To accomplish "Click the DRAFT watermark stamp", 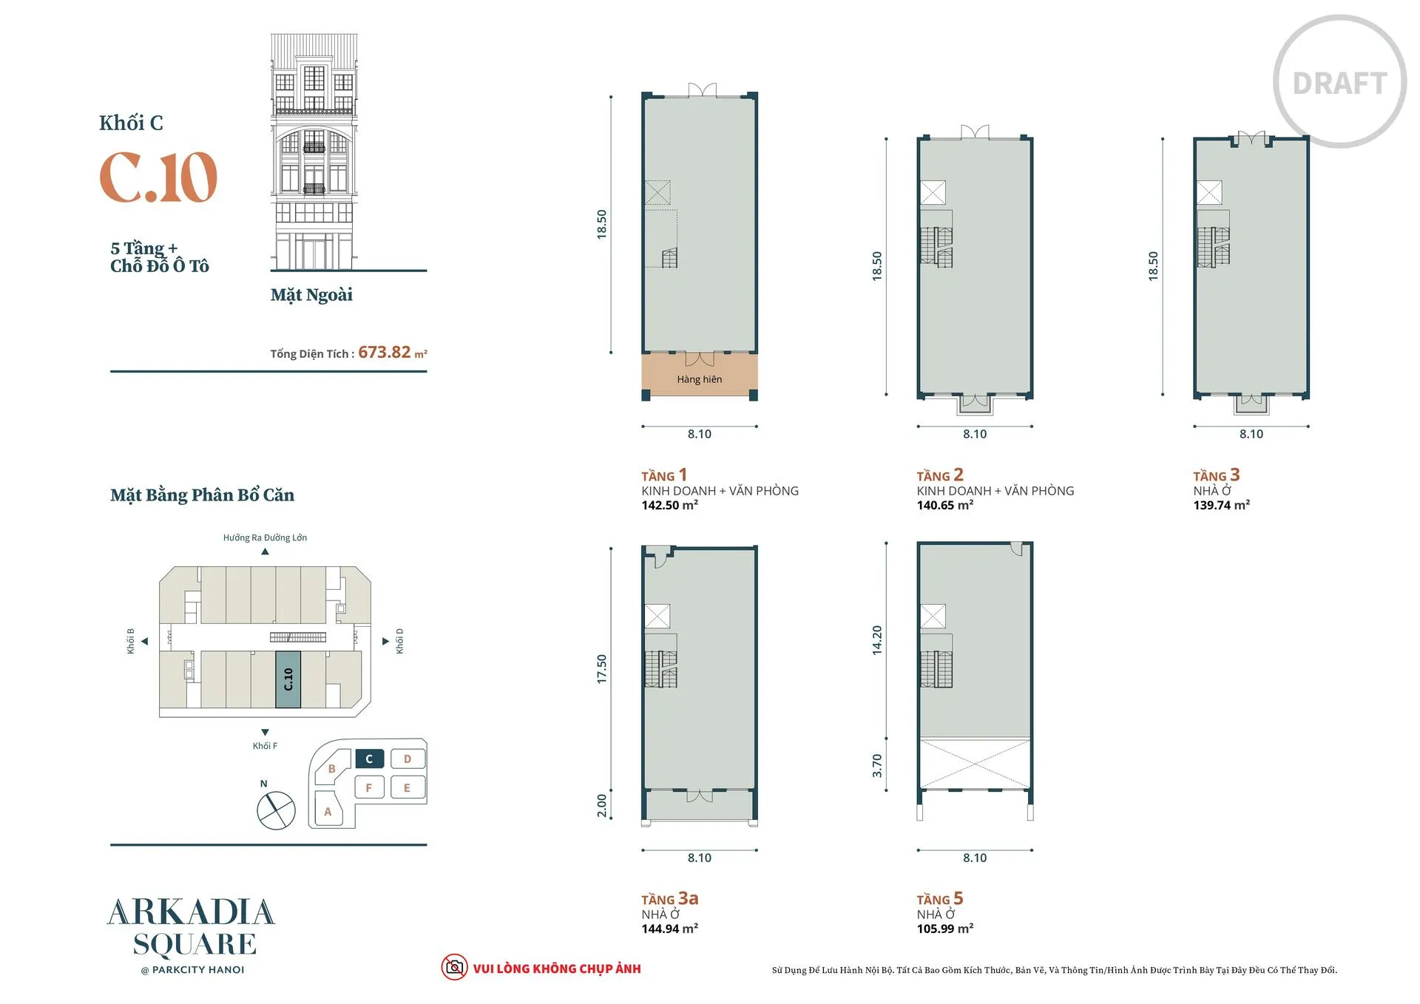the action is coord(1339,83).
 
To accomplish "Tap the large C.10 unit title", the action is coord(158,177).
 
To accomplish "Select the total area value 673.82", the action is coord(384,352).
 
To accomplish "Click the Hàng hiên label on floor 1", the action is coord(699,379).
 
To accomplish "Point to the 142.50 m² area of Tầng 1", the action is coord(669,505).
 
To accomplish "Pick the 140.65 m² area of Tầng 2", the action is coord(944,505).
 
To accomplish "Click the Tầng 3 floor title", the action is coord(1216,475).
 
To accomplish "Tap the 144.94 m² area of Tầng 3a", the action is coord(669,929).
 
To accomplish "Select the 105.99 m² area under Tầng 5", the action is coord(944,929).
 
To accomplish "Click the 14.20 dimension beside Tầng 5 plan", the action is coord(877,640).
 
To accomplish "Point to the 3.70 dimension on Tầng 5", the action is coord(877,765).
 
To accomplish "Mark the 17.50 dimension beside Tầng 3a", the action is coord(601,669).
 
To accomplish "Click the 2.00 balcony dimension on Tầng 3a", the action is coord(601,806).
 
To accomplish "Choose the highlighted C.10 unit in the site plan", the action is coord(288,679).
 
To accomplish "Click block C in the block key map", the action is coord(369,759).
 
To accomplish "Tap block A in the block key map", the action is coord(328,811).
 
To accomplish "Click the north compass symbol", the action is coord(276,810).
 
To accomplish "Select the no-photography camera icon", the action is coord(454,967).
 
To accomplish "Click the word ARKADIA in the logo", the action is coord(192,913).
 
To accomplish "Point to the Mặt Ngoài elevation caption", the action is coord(311,295).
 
